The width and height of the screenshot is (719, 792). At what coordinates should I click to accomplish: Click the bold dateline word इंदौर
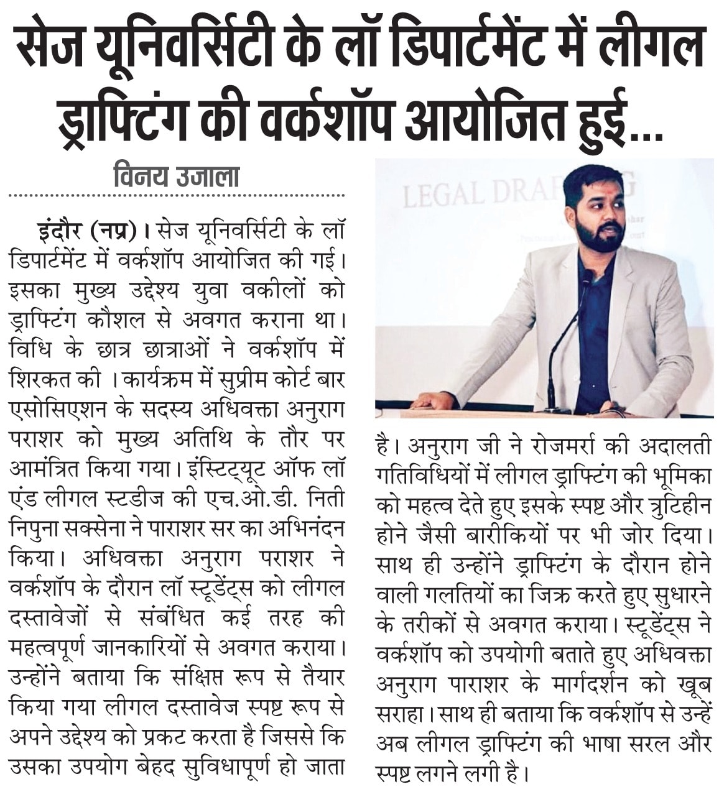(x=60, y=231)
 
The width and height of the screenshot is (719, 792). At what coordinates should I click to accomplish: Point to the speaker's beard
(x=598, y=236)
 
